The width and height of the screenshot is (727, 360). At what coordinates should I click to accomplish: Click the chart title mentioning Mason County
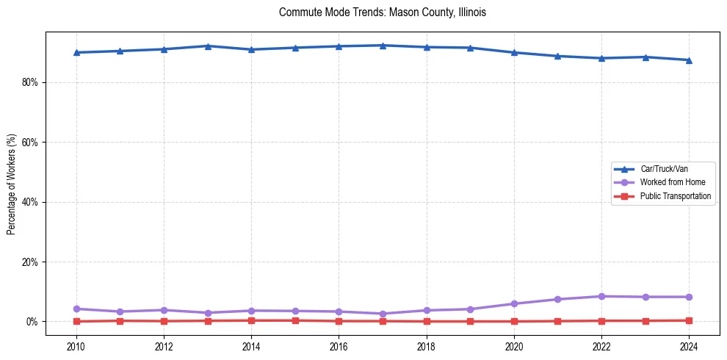[383, 12]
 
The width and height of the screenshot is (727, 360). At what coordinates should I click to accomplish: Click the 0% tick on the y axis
[31, 322]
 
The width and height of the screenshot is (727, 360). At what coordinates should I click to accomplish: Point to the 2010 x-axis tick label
[76, 346]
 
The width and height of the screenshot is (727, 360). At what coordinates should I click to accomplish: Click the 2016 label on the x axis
[339, 346]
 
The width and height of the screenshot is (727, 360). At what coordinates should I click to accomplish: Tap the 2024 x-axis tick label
[689, 346]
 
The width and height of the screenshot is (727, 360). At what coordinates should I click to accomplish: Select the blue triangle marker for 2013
[208, 46]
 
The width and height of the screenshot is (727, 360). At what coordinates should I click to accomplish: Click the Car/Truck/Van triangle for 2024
[689, 60]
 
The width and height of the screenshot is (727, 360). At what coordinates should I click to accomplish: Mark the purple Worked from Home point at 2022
[601, 296]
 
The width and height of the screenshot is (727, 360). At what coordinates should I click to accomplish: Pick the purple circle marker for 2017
[383, 314]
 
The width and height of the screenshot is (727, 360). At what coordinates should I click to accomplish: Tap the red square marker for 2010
[76, 321]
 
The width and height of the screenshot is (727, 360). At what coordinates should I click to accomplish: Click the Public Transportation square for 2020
[514, 321]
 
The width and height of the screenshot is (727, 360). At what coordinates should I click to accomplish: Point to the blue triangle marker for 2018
[427, 47]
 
